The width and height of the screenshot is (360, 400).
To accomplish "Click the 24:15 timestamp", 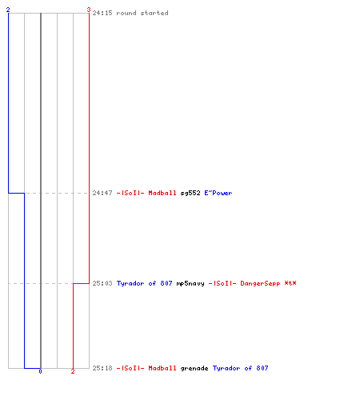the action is click(102, 13).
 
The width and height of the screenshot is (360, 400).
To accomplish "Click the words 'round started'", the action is click(142, 13).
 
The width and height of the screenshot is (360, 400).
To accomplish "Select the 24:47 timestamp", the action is click(102, 193).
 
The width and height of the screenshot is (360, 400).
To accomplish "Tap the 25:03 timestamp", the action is click(102, 283).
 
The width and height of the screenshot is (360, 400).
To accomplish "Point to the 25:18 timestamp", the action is click(102, 368).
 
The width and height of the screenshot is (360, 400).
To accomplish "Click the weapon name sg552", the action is click(190, 193).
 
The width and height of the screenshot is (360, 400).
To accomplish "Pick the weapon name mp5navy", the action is click(190, 283).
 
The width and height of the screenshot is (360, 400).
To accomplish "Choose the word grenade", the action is click(194, 368).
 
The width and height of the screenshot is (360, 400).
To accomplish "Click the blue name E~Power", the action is click(218, 193).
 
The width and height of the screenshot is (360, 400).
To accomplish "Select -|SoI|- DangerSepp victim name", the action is click(244, 283).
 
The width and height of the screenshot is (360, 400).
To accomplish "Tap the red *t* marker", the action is click(290, 283).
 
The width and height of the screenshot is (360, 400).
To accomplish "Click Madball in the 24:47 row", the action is click(162, 193).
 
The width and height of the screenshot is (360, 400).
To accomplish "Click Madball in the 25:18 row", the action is click(162, 368).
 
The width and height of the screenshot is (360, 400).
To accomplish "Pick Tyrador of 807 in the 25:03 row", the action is click(144, 283).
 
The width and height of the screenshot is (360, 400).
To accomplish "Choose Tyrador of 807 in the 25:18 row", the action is click(240, 368).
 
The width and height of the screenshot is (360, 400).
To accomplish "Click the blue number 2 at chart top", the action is click(8, 10).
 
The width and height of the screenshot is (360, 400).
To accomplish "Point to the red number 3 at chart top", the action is click(89, 10).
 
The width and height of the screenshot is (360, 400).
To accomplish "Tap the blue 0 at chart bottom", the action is click(40, 371).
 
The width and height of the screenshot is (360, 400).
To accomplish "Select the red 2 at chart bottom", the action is click(73, 371).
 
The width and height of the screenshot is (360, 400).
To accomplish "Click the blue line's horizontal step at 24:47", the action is click(16, 193).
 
